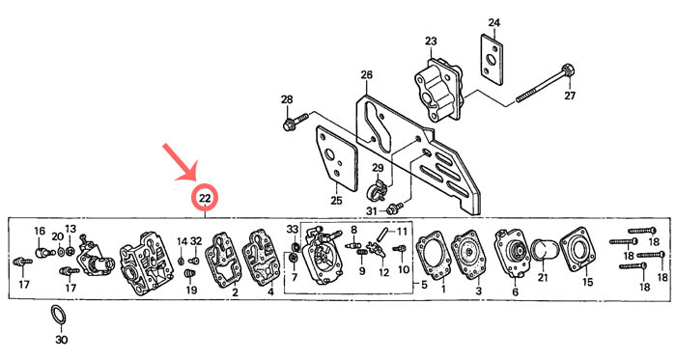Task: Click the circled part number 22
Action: (x=205, y=198)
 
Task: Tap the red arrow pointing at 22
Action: (x=181, y=163)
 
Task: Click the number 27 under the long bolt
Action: (x=570, y=96)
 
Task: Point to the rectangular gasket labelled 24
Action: (x=492, y=60)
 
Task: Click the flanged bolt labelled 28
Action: (x=296, y=121)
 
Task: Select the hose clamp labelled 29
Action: (x=379, y=189)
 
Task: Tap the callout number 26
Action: (x=366, y=75)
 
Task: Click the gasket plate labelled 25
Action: (x=337, y=158)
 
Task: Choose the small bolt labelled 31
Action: (x=394, y=208)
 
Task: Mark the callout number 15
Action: (x=587, y=282)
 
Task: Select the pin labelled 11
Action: (x=382, y=235)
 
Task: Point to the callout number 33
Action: (x=293, y=228)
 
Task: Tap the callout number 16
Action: (x=40, y=231)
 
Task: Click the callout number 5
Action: (x=424, y=285)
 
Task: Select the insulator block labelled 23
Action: (x=438, y=88)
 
